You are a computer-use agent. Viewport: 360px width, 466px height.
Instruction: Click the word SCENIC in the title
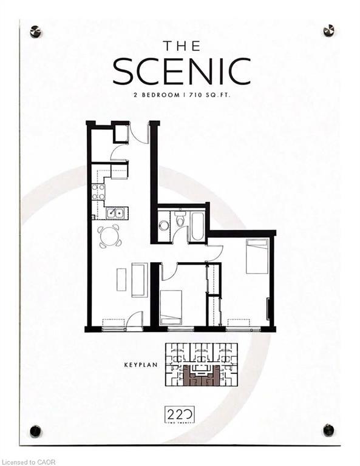pos(181,71)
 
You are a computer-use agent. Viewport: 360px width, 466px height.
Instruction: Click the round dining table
pos(109,235)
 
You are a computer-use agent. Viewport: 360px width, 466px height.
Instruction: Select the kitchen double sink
pos(115,212)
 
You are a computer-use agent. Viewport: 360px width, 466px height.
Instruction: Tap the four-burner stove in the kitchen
pos(98,192)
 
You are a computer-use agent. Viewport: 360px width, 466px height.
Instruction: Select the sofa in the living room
pos(139,279)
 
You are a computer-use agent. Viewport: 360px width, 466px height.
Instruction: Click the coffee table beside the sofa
pos(121,279)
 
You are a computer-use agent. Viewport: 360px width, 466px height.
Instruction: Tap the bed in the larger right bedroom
pos(257,255)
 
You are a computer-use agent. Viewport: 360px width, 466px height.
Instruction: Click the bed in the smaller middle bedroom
pos(171,306)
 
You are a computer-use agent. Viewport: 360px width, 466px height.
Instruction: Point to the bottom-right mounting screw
pos(328,430)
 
